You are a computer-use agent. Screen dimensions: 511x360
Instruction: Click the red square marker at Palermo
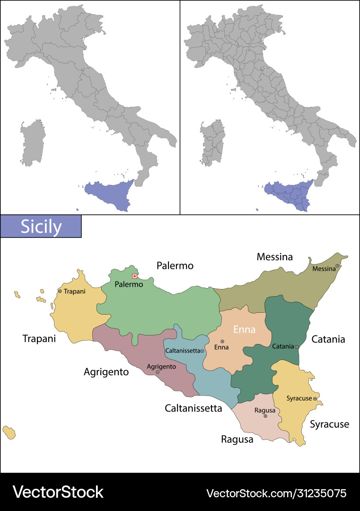coord(134,276)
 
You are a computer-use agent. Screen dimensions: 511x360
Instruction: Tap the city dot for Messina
coord(337,266)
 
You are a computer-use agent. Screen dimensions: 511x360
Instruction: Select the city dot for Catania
coord(297,347)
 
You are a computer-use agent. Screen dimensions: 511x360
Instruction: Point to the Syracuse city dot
coord(315,399)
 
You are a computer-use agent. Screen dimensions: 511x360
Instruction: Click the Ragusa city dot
coord(265,416)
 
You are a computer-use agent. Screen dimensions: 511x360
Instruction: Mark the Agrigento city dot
coord(158,372)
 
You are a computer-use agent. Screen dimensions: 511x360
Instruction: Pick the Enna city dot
coord(222,341)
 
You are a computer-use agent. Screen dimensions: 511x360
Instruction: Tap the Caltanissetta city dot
coord(202,351)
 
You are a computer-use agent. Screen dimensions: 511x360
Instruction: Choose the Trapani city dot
coord(60,291)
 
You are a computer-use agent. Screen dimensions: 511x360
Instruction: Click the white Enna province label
coord(244,329)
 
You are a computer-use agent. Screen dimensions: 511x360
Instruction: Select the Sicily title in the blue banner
coord(41,227)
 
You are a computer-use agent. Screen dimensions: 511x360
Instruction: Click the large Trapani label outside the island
coord(39,339)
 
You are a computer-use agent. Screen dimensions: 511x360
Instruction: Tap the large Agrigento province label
coord(106,372)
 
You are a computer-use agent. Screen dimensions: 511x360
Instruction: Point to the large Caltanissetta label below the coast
coord(193,408)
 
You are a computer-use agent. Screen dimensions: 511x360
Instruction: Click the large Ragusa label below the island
coord(237,440)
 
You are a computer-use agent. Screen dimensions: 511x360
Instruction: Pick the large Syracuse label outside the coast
coord(329,424)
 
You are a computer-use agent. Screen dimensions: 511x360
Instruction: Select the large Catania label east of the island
coord(328,339)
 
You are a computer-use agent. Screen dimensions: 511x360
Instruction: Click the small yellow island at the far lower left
coord(9,432)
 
